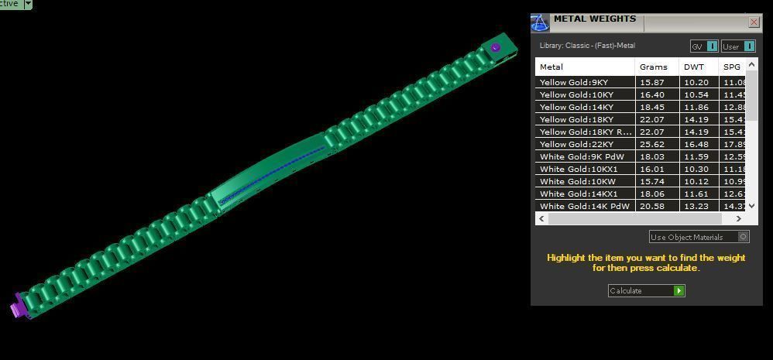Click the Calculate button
(x=646, y=291)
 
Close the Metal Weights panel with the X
(x=754, y=22)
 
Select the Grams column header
(x=653, y=67)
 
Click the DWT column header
(x=694, y=67)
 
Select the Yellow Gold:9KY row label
(x=574, y=82)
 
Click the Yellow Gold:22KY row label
(x=576, y=144)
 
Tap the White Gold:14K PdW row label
(x=584, y=206)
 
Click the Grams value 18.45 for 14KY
(x=652, y=107)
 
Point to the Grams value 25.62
(x=652, y=144)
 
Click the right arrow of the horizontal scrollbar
(x=738, y=219)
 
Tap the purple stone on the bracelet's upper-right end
(x=496, y=48)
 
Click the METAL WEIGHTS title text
(x=594, y=19)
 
